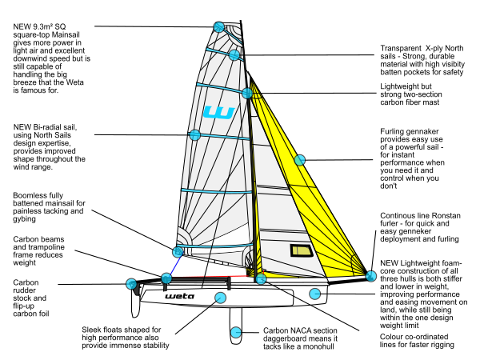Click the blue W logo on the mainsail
218,112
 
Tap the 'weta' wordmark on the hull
179,296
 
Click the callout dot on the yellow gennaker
300,160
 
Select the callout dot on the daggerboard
236,332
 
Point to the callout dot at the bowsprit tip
371,276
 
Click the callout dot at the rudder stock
131,284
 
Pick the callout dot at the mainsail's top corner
219,27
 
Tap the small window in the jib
302,250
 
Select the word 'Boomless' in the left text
27,195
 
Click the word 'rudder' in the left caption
25,290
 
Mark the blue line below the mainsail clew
175,265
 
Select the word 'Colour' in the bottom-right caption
391,337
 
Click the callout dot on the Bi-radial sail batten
194,134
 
